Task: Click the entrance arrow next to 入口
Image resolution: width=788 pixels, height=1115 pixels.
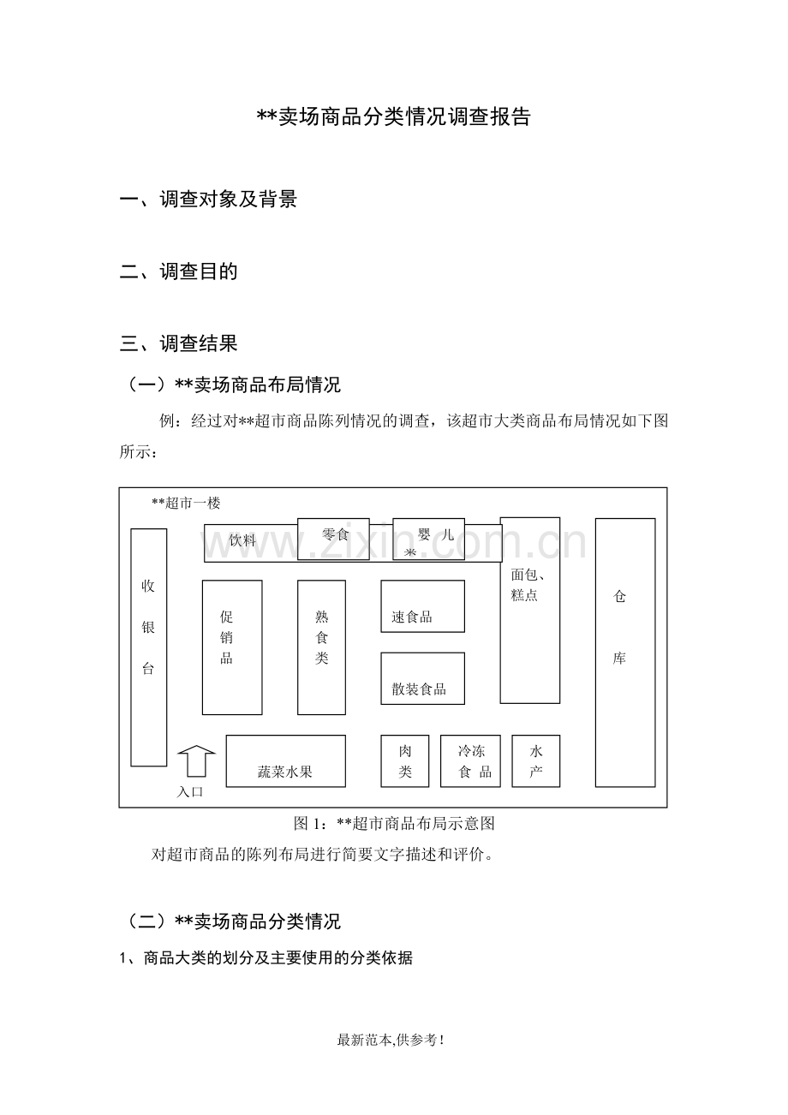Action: (197, 760)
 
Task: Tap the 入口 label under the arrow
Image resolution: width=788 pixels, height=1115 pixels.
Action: (190, 792)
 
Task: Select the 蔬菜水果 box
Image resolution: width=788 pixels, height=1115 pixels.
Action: (286, 761)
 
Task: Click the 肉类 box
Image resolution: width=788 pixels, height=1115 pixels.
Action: (404, 761)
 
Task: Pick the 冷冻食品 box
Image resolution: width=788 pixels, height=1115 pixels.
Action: (470, 761)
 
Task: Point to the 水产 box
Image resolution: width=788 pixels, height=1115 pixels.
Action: (536, 761)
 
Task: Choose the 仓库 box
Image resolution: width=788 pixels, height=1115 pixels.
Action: (625, 653)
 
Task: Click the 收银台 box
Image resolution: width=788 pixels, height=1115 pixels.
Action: (149, 647)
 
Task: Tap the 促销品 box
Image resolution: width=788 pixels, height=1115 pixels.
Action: (232, 647)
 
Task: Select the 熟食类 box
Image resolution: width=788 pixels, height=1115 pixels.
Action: (321, 647)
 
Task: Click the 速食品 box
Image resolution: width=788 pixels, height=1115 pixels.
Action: (422, 606)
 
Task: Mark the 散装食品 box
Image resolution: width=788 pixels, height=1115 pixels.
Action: (422, 678)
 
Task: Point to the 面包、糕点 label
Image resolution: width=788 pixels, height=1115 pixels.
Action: (528, 585)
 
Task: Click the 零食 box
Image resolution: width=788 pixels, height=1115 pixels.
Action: (333, 539)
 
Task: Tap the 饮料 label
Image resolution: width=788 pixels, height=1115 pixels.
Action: (242, 540)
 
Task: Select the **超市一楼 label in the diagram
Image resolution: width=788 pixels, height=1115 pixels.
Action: (186, 503)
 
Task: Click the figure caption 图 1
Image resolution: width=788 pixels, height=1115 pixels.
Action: (394, 823)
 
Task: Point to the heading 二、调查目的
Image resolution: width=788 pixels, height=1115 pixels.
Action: (179, 271)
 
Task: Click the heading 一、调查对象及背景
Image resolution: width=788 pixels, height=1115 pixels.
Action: (209, 199)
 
